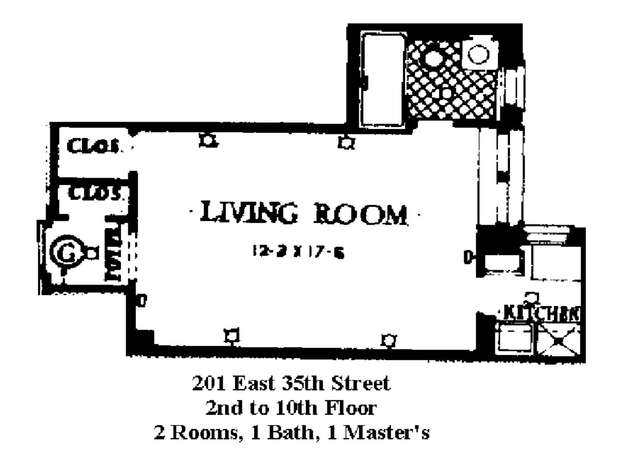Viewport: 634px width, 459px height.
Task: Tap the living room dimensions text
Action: coord(298,252)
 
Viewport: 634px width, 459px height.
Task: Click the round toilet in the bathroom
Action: coord(479,54)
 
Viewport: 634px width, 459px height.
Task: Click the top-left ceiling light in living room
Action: coord(208,141)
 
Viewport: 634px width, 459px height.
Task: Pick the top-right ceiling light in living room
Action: coord(346,143)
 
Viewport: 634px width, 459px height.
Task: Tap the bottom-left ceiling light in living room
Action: coord(232,336)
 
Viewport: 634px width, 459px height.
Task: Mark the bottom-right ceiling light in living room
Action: coord(389,340)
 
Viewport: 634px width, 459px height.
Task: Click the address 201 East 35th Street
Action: coord(291,384)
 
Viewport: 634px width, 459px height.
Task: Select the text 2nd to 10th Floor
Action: coord(291,408)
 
